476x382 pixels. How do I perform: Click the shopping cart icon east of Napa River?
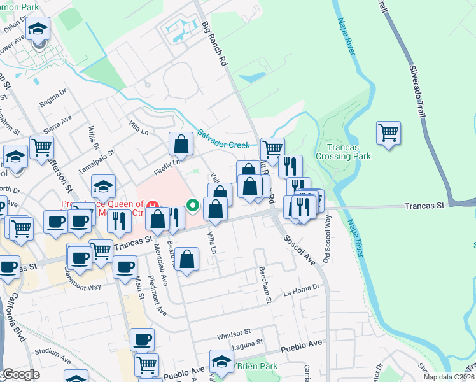388,133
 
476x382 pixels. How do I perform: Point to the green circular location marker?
192,205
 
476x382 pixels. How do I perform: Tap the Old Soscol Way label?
326,237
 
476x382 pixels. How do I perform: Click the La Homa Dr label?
302,292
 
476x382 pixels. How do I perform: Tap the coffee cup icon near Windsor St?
142,339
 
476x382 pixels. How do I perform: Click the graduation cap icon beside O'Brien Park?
221,361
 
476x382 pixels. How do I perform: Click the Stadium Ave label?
51,351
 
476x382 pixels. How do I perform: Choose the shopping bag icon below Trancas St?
186,260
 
